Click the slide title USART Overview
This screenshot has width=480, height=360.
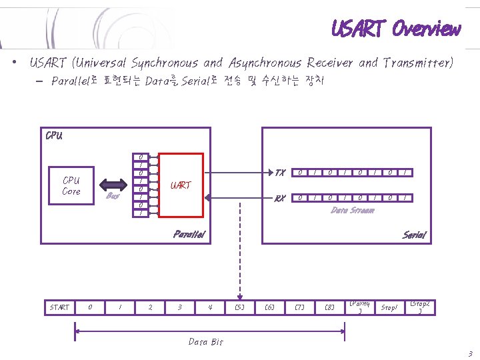[x=396, y=29]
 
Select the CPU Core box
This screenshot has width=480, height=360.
[x=71, y=186]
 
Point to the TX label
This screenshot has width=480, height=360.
[x=280, y=173]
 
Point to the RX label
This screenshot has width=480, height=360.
[x=280, y=198]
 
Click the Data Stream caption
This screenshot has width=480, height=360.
[x=353, y=210]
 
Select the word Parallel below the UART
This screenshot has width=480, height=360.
[x=190, y=234]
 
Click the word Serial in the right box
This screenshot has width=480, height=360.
[x=414, y=235]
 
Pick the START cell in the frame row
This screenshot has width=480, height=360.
[x=59, y=307]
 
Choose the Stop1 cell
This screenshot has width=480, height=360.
[x=389, y=308]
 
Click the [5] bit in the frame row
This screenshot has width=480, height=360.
[x=239, y=307]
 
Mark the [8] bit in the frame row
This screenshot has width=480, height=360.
[x=329, y=307]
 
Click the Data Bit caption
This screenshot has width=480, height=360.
[x=205, y=342]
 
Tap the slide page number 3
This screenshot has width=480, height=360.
[x=470, y=353]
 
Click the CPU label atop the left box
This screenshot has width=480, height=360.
[x=54, y=136]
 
